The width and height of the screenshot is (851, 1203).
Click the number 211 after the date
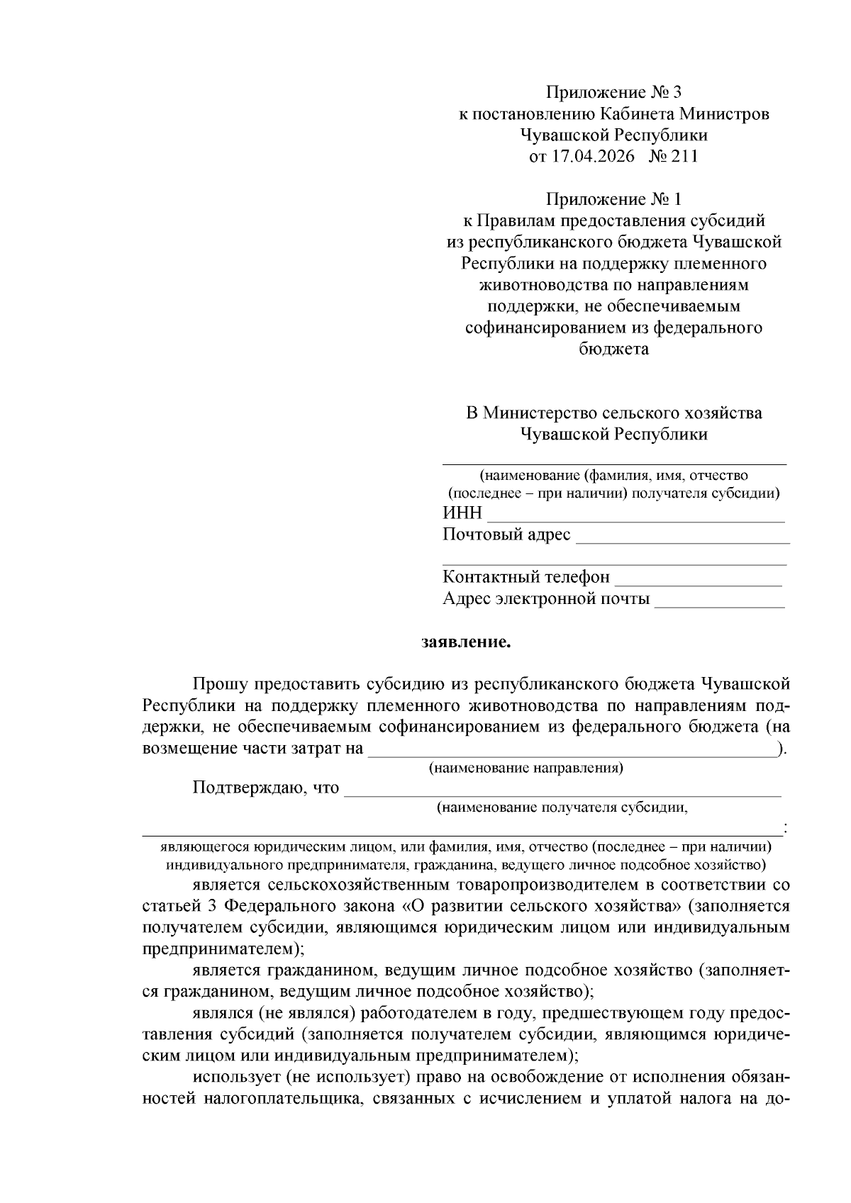(685, 157)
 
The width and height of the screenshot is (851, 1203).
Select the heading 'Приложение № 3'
(613, 92)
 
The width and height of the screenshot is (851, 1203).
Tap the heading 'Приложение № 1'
(613, 199)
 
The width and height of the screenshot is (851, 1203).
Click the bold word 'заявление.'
(466, 643)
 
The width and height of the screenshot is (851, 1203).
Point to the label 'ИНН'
(462, 513)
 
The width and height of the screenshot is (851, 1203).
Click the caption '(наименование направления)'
(525, 768)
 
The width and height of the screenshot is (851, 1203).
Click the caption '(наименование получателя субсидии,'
(562, 807)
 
